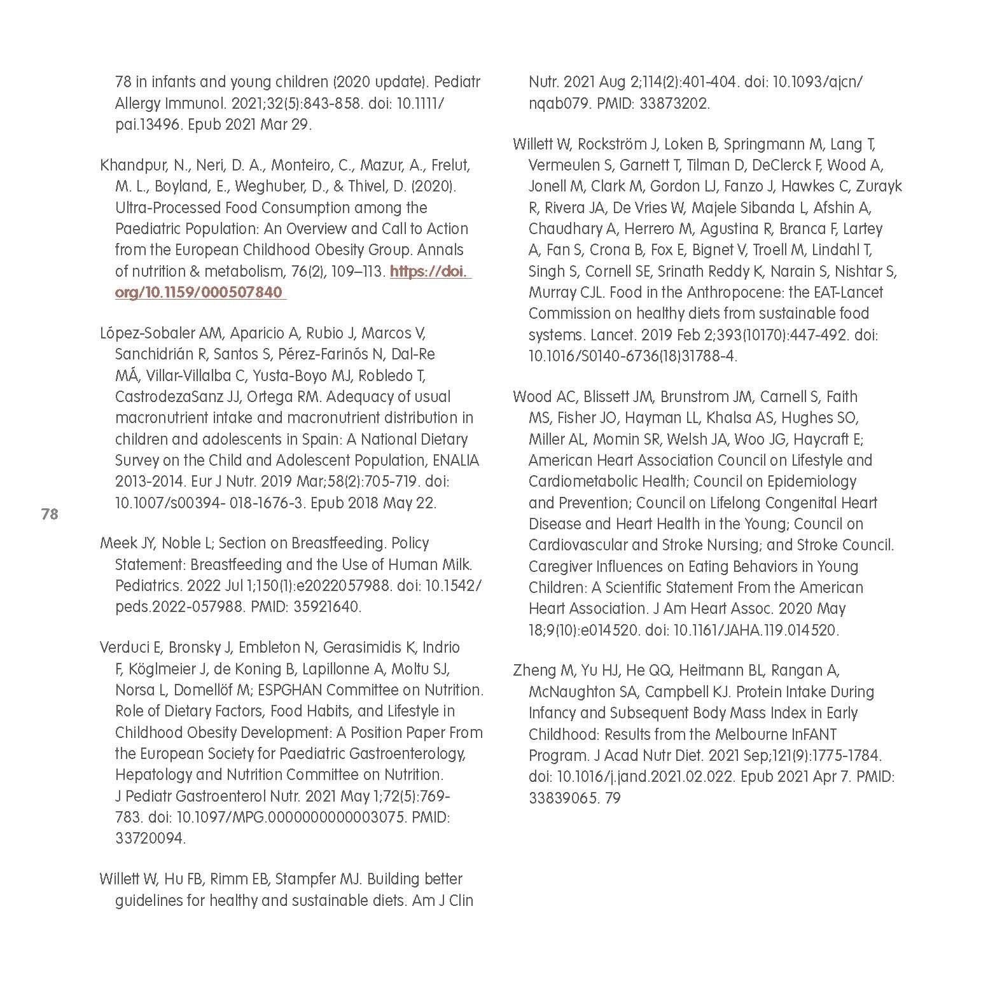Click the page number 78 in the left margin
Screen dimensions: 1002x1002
pyautogui.click(x=50, y=514)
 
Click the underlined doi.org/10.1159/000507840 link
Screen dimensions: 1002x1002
pyautogui.click(x=198, y=293)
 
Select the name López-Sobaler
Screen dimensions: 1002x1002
pyautogui.click(x=148, y=333)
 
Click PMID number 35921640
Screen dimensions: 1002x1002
pyautogui.click(x=328, y=607)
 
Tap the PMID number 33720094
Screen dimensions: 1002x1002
pyautogui.click(x=150, y=838)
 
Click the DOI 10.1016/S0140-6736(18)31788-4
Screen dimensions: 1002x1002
pyautogui.click(x=632, y=356)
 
